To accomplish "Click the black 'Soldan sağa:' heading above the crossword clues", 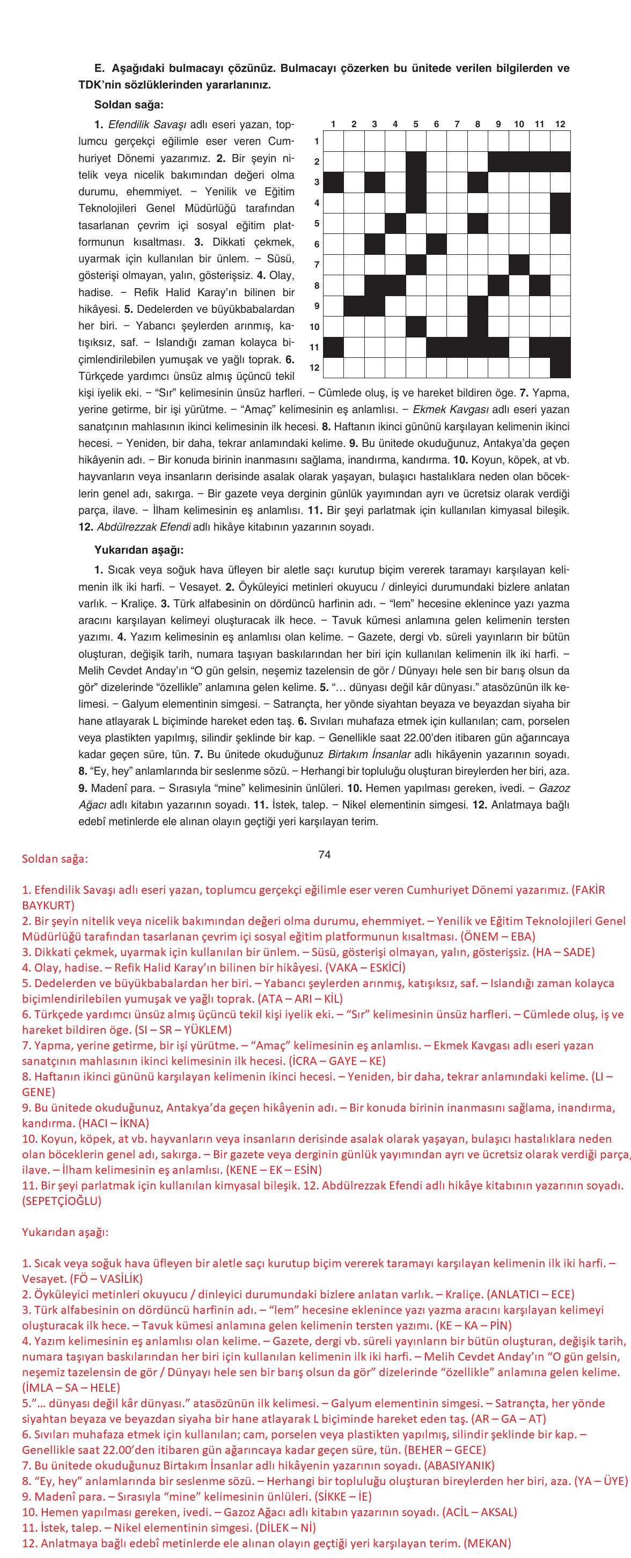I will click(x=128, y=105).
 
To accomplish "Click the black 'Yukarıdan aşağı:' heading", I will click(x=138, y=550).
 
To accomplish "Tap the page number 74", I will click(x=324, y=854).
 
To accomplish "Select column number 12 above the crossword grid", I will click(x=560, y=124).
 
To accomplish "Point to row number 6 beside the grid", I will click(x=317, y=244).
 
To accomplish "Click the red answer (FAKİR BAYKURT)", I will click(x=48, y=906).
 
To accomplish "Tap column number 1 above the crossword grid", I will click(x=333, y=124).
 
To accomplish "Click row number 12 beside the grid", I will click(x=314, y=368).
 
